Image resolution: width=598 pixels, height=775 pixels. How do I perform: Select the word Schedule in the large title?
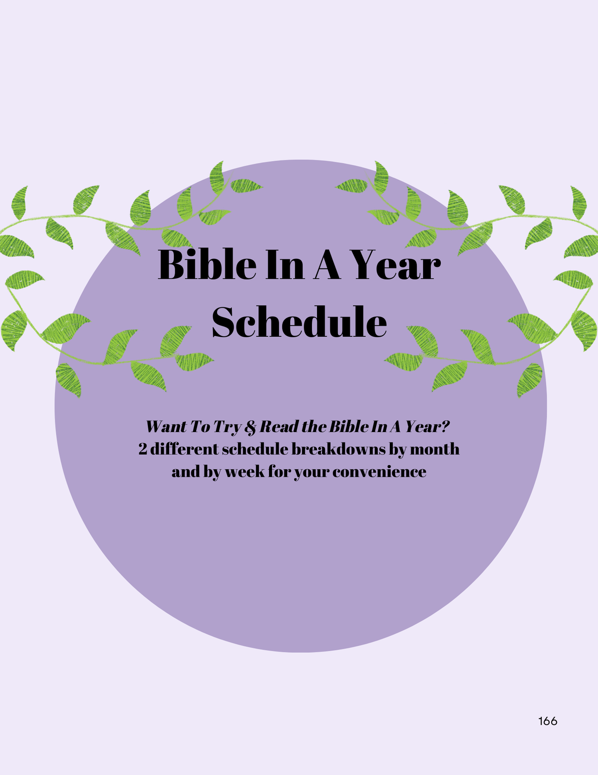click(x=299, y=322)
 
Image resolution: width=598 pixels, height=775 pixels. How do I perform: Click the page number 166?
click(x=548, y=721)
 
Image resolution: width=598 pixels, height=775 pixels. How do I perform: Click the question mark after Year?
click(x=445, y=426)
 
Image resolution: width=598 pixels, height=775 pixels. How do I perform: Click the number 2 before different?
click(x=143, y=449)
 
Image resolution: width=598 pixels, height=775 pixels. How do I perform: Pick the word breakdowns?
click(x=338, y=449)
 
